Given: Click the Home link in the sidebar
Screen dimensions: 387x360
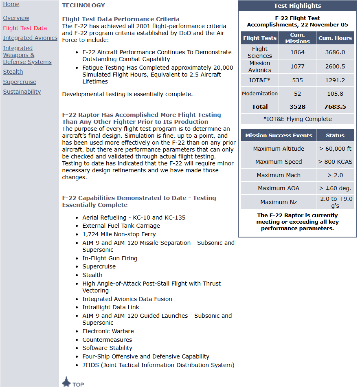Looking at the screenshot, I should click(11, 4).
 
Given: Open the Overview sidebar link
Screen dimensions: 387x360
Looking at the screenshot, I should click(16, 18).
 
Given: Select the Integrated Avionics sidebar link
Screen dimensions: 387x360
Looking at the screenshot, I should click(30, 38).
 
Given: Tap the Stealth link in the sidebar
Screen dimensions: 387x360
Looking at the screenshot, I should click(13, 72).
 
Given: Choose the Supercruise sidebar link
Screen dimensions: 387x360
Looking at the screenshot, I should click(20, 82).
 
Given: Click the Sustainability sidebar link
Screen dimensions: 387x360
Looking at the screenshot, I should click(22, 92).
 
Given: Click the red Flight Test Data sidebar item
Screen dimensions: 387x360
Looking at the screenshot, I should click(25, 28).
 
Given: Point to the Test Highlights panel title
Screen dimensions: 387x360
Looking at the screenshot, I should click(297, 6).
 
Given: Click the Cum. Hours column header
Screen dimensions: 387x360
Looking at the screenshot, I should click(335, 38).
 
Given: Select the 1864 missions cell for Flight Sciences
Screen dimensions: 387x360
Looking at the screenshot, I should click(297, 52).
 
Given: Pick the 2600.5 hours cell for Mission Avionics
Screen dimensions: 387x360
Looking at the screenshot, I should click(335, 66).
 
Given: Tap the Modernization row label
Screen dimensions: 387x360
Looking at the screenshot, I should click(260, 93).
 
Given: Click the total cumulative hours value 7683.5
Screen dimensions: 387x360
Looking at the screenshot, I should click(335, 107).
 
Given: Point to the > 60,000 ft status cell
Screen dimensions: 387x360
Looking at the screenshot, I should click(335, 149).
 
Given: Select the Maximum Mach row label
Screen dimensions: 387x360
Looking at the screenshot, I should click(279, 175).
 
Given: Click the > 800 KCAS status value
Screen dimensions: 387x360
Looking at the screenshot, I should click(335, 162).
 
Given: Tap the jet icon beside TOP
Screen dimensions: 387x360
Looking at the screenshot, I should click(66, 382).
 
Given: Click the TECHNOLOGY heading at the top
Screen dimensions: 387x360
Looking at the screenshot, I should click(83, 5).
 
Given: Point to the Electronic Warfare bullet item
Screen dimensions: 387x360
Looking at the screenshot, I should click(108, 331).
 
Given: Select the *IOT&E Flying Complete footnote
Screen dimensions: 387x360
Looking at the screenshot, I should click(297, 119).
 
